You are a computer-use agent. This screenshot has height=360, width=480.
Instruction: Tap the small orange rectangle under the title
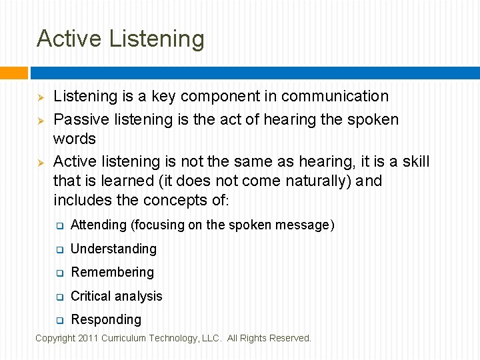(14, 73)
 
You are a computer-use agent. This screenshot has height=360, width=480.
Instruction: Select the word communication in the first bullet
(335, 97)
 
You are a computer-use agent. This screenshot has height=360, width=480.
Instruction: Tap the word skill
(415, 162)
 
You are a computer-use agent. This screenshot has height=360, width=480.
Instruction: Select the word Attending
(98, 225)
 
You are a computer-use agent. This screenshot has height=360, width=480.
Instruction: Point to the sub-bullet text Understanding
(113, 249)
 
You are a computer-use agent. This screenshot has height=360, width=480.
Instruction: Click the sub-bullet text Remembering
(112, 273)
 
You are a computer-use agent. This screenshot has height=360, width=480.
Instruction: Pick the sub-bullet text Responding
(106, 320)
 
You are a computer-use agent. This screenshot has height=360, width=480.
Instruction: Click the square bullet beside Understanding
(59, 250)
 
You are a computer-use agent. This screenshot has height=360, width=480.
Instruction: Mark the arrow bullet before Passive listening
(40, 121)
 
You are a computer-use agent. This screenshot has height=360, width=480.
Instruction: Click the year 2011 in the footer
(88, 339)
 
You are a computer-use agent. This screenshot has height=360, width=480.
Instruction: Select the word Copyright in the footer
(55, 339)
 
